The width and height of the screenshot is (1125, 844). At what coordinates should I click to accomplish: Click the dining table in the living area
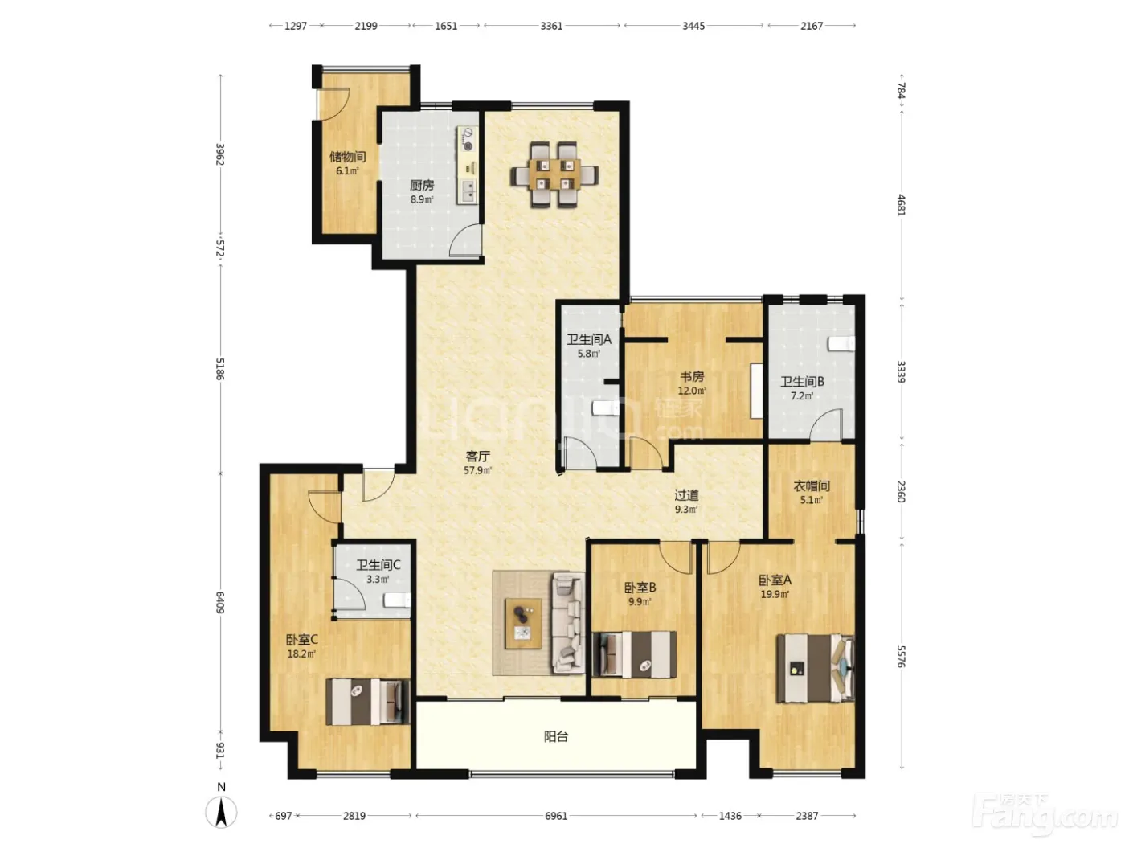pos(554,174)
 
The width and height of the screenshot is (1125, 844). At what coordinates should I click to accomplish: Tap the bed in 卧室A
pos(816,668)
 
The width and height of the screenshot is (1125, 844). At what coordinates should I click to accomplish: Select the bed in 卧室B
pos(634,654)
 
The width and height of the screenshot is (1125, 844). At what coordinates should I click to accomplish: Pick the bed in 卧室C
pos(368,702)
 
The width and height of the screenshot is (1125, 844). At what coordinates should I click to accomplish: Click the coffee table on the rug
pos(523,623)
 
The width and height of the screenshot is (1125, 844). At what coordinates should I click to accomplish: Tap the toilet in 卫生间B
pos(842,344)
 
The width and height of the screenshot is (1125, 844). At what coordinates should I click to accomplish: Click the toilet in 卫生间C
pos(397,600)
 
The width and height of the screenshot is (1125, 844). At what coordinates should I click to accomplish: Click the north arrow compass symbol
pos(221,812)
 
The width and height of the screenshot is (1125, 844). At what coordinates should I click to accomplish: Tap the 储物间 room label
pos(347,156)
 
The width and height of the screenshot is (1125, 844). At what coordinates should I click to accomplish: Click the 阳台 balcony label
pos(556,736)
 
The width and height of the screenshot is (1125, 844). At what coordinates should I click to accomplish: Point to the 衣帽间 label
pos(812,486)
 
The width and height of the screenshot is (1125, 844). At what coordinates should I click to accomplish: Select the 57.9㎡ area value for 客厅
pos(478,470)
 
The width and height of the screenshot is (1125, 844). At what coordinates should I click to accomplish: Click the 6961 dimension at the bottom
pos(556,815)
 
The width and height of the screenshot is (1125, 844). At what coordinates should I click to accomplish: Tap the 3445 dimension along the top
pos(693,26)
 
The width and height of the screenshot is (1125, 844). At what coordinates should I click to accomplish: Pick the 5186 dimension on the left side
pos(220,369)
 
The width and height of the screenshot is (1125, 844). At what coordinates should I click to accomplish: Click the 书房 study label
pos(692,377)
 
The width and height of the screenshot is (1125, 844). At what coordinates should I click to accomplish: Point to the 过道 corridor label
pos(686,495)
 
